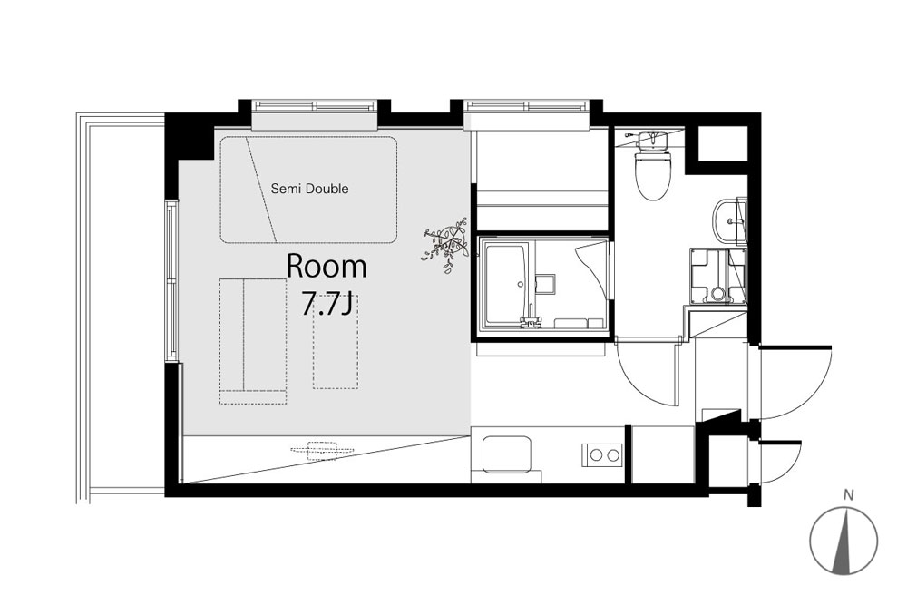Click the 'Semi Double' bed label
310,189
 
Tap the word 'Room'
327,267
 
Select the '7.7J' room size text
326,304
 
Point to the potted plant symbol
446,243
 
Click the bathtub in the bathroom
505,285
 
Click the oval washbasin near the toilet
730,220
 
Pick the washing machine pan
717,276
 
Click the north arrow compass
844,542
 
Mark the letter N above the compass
849,495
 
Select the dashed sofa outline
253,341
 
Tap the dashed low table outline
336,342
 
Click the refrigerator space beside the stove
662,454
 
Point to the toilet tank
652,140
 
